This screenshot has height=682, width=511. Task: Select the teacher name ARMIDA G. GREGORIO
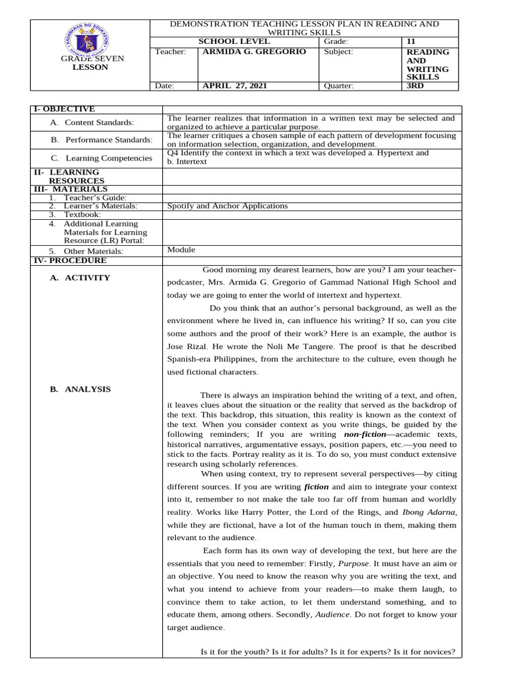[x=245, y=52]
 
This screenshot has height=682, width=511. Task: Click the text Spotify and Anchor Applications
[x=228, y=206]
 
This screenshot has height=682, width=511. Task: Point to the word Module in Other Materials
[x=181, y=250]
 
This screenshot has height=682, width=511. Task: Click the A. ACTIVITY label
[x=80, y=278]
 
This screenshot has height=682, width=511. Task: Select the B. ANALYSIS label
[x=81, y=390]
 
